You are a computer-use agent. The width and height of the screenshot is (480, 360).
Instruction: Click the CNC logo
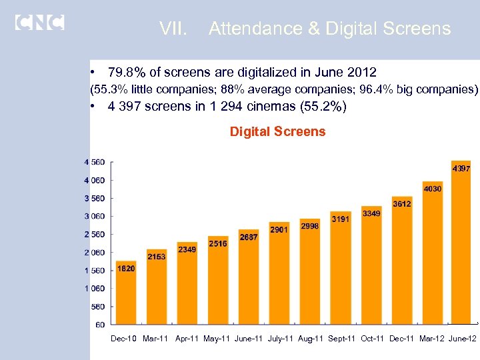(39, 22)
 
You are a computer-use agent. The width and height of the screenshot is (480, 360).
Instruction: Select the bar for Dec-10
(125, 293)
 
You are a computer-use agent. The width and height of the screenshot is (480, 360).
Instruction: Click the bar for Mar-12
(432, 253)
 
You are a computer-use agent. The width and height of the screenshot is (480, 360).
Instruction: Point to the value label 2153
(157, 257)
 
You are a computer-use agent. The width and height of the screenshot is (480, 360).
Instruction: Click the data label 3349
(371, 213)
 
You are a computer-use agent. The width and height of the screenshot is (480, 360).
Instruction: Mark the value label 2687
(249, 237)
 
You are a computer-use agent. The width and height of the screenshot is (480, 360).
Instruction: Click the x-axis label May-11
(217, 339)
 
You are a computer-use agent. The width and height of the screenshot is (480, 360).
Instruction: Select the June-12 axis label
(463, 339)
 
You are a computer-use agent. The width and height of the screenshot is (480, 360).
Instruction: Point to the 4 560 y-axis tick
(93, 162)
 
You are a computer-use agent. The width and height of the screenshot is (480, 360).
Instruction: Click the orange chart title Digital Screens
(277, 131)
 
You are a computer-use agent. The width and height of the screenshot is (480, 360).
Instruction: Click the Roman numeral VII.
(175, 29)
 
